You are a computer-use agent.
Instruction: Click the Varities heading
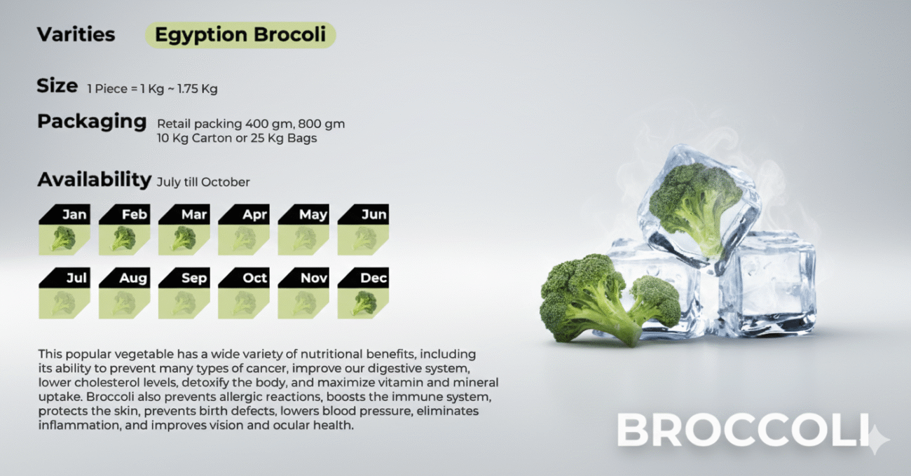(76, 34)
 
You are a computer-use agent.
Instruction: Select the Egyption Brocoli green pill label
(240, 35)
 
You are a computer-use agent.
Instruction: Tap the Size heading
(57, 85)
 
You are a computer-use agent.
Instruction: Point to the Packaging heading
(92, 121)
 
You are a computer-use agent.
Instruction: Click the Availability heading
(95, 179)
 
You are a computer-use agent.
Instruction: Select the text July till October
(203, 182)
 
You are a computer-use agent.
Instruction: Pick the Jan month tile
(64, 230)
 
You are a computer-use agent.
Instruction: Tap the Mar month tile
(184, 230)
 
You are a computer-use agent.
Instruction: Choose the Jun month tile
(363, 230)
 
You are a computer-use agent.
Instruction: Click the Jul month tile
(64, 293)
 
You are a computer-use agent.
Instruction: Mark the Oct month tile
(244, 293)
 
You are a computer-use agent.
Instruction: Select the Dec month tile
(363, 293)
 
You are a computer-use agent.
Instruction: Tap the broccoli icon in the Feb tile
(123, 239)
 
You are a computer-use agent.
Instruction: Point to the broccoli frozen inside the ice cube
(695, 205)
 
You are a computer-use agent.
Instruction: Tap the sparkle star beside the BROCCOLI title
(877, 440)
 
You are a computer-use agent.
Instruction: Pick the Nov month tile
(303, 293)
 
